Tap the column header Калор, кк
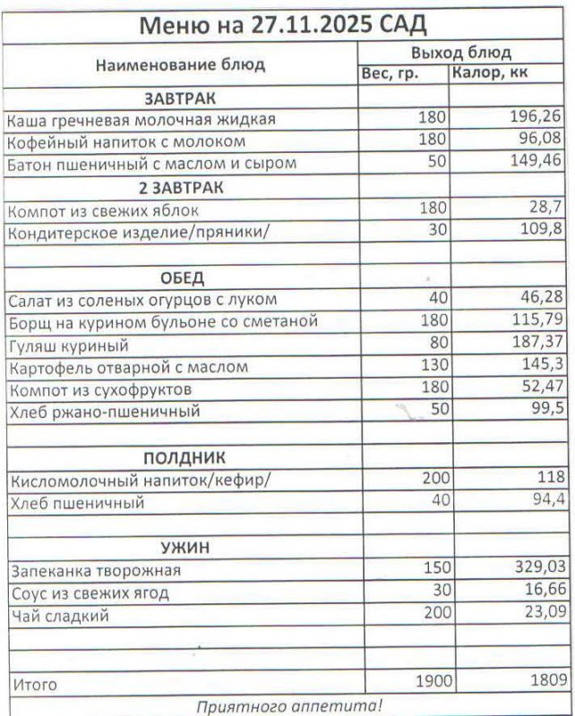point(489,73)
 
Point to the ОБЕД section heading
point(182,277)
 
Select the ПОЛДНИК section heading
point(182,458)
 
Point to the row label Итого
point(33,685)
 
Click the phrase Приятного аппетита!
point(288,706)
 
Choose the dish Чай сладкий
point(59,616)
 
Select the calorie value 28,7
point(545,209)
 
